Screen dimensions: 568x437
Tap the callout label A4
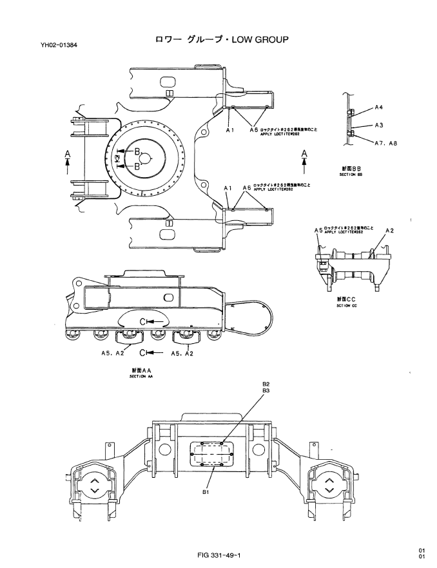pos(379,108)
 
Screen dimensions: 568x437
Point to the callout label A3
pos(380,124)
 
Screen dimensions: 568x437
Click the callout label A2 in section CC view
pos(389,230)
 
